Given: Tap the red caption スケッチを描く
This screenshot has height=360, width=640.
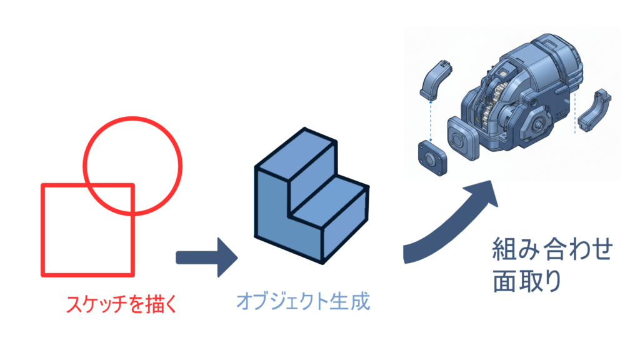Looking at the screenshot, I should click(x=122, y=305).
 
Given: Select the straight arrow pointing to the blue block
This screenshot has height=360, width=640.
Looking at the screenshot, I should click(x=206, y=257).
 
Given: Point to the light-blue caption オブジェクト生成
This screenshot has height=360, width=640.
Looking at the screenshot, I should click(x=303, y=302).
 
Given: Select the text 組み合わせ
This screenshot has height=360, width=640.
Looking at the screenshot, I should click(x=550, y=251).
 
